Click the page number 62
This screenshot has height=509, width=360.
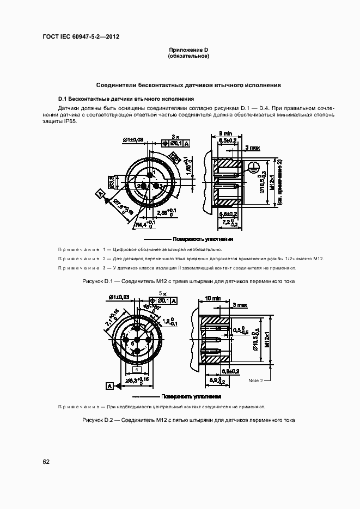click(46, 462)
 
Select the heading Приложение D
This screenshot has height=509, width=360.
click(188, 50)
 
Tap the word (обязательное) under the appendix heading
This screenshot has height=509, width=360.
click(188, 56)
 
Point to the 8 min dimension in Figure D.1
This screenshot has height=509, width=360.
click(225, 133)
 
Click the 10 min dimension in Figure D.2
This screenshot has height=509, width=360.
click(212, 298)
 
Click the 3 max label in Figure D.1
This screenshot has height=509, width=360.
click(252, 148)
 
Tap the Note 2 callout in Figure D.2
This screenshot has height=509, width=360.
click(255, 380)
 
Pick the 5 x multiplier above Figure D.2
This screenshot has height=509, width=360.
click(161, 293)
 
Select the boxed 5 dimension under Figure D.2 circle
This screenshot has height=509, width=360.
click(134, 370)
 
